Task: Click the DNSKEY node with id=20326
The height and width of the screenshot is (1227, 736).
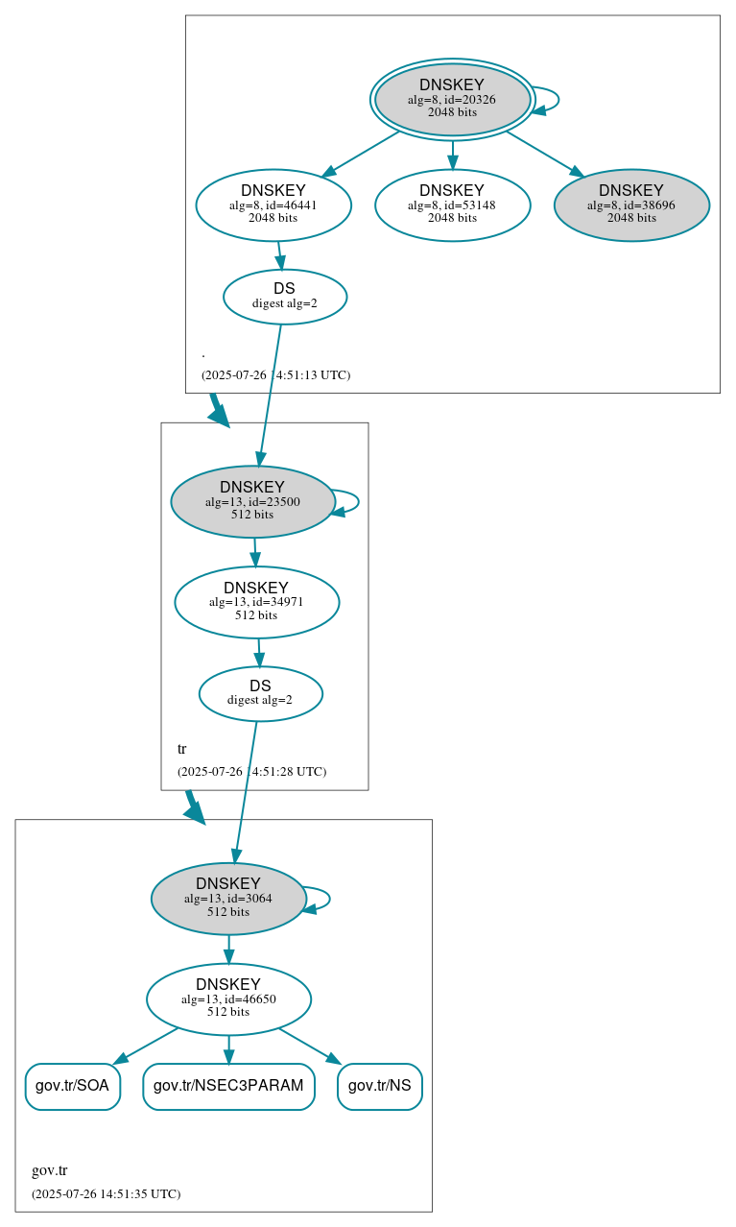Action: click(x=452, y=99)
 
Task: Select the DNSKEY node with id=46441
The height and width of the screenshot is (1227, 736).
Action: click(x=273, y=204)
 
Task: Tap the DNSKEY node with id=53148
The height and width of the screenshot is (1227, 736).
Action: click(x=452, y=204)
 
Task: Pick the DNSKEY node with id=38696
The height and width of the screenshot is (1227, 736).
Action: click(x=631, y=204)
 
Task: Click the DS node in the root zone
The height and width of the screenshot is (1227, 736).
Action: click(x=285, y=297)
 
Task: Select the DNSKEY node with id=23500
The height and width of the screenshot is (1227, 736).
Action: click(x=252, y=501)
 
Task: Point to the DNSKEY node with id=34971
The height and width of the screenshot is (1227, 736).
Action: click(x=256, y=602)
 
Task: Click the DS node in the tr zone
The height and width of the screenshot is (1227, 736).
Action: click(x=260, y=693)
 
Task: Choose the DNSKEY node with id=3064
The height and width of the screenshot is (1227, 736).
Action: click(x=228, y=899)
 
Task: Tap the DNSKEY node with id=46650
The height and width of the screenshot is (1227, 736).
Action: click(x=228, y=999)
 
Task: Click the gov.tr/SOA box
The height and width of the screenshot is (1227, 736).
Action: click(x=72, y=1086)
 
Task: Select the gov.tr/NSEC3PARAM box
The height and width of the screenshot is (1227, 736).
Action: click(x=228, y=1086)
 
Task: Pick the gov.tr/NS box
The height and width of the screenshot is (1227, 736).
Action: click(x=380, y=1086)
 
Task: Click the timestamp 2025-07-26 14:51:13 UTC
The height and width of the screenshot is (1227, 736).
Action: click(x=275, y=375)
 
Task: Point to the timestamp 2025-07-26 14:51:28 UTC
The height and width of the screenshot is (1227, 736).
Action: click(x=251, y=772)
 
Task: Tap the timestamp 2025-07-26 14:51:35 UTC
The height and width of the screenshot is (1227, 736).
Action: click(x=106, y=1194)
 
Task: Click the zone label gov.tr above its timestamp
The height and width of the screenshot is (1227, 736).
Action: click(x=50, y=1171)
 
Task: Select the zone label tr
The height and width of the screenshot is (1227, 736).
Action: click(x=182, y=749)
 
